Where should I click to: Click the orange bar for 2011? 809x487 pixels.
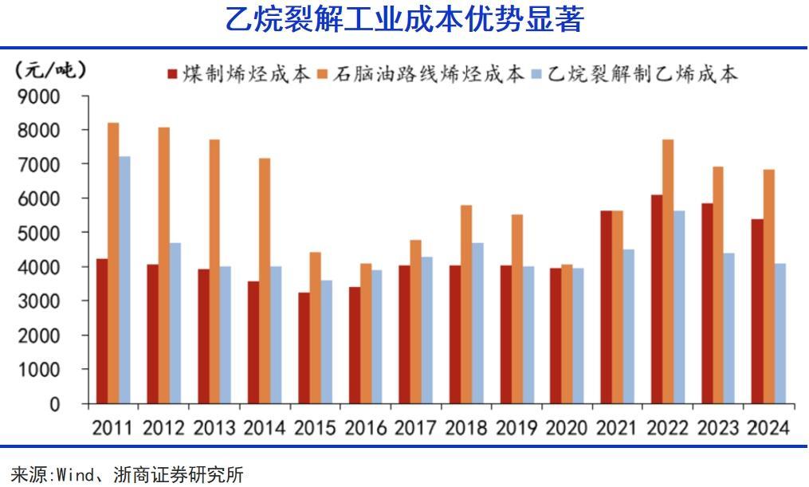tap(113, 263)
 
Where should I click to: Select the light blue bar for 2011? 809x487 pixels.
tap(124, 280)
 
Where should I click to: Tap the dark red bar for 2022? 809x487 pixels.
tap(656, 299)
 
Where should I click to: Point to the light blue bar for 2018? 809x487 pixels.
tap(477, 323)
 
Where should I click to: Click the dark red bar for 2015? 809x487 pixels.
tap(303, 348)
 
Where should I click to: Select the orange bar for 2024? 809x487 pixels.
tap(768, 286)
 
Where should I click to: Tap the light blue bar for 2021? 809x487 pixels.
tap(628, 327)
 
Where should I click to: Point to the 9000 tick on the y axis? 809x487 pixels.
tap(39, 96)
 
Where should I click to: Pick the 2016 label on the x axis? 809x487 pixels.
tap(367, 427)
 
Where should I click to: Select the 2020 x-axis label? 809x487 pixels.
tap(567, 427)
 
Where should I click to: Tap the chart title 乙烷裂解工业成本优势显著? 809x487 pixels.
tap(404, 20)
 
